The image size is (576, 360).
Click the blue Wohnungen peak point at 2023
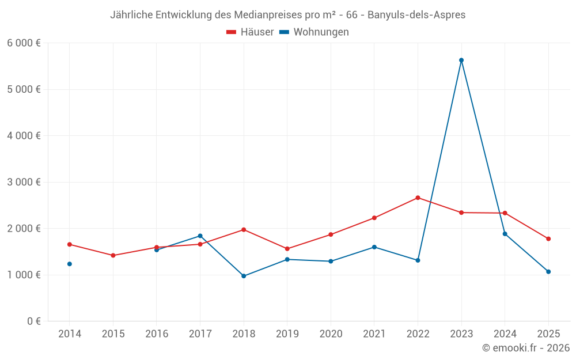click(461, 60)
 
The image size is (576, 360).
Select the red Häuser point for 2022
click(418, 198)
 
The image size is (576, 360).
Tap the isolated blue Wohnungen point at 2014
click(70, 264)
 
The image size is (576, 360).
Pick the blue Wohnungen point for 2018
click(244, 276)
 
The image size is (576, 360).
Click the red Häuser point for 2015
click(113, 255)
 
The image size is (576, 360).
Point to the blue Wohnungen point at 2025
click(548, 271)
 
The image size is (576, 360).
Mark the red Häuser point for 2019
click(287, 249)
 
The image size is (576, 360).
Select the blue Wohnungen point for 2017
click(200, 236)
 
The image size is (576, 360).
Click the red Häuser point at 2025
click(548, 238)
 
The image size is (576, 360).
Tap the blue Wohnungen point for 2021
click(374, 247)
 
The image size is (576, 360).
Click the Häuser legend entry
click(250, 32)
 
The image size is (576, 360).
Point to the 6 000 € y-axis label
click(24, 43)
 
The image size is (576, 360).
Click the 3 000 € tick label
click(24, 182)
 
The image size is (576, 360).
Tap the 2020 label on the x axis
click(331, 334)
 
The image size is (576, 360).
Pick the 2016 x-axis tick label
click(157, 334)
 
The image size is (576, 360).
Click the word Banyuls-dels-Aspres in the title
click(416, 15)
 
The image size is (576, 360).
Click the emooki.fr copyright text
click(526, 348)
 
